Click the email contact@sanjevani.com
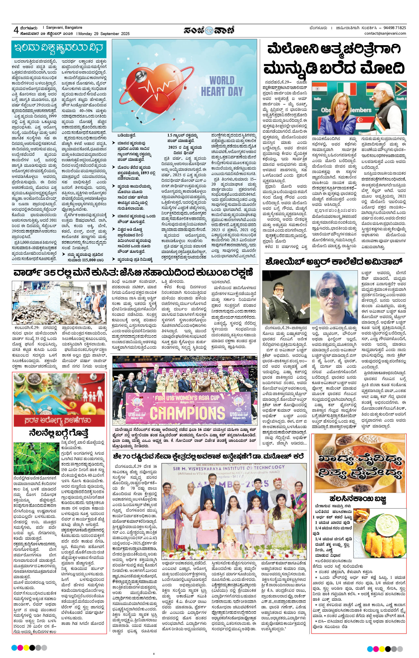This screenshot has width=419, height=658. tap(385, 33)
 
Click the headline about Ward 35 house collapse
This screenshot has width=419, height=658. tap(133, 273)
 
